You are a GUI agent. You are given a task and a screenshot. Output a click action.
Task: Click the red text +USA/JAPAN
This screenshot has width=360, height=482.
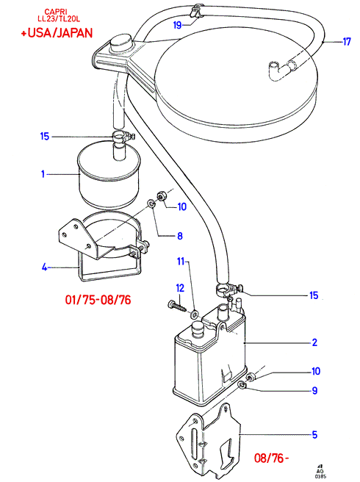pos(57,33)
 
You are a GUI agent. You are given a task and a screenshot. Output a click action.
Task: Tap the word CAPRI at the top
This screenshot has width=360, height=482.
pos(56,12)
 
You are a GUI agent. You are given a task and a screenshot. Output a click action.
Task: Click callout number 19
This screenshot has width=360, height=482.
pos(177,25)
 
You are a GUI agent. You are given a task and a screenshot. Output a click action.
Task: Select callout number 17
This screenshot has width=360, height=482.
pos(347,41)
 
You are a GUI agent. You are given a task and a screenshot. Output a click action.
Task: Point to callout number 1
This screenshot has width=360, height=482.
pos(43,174)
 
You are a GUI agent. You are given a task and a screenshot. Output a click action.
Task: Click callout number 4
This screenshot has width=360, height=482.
pos(44,267)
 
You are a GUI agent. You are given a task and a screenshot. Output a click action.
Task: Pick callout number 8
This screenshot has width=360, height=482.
pos(180,236)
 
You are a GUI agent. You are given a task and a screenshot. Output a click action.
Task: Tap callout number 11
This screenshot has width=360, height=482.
pos(181,262)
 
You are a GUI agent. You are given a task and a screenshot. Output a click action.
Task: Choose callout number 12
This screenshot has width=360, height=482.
pos(180,288)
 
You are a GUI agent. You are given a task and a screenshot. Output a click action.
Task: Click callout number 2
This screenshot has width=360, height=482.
pos(314,342)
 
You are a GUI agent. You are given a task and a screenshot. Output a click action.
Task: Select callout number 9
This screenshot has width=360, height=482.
pos(314,390)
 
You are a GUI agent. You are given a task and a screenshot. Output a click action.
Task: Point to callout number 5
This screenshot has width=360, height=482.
pos(314,435)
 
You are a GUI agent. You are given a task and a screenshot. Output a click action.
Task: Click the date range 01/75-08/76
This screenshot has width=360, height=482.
pos(98,300)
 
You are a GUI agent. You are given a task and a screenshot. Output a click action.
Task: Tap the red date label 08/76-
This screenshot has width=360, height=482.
pos(272,458)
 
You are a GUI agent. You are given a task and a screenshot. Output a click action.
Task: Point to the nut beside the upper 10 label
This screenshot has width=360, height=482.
pos(162,195)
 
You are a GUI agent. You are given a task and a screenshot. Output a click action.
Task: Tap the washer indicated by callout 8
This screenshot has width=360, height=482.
pos(151,204)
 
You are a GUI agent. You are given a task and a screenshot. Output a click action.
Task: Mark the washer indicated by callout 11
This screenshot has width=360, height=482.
pos(194,314)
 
